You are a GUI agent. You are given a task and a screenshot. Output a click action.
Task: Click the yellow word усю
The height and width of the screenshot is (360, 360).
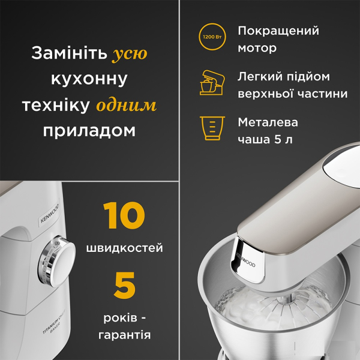[130, 54]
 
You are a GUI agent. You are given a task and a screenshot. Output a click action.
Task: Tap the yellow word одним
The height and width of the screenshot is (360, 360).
[127, 106]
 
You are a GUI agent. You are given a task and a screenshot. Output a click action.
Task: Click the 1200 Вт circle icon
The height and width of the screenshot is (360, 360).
[212, 37]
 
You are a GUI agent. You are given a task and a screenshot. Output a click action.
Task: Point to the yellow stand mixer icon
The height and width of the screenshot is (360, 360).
[212, 83]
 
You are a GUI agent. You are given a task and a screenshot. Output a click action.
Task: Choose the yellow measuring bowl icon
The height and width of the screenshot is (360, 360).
[212, 128]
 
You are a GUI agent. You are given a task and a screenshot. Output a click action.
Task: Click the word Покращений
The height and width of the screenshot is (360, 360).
[278, 31]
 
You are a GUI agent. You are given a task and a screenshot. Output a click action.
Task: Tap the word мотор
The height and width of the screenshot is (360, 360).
[257, 48]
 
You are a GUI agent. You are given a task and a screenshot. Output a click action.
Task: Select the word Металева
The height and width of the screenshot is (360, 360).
[268, 122]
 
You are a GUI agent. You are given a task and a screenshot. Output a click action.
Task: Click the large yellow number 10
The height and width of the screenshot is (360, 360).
[124, 215]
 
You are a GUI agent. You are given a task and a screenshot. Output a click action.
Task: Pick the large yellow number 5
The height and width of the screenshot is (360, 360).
[124, 286]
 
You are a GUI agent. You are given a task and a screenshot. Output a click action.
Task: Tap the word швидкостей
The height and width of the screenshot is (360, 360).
[125, 248]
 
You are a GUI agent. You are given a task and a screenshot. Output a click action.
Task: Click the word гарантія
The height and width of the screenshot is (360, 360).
[125, 335]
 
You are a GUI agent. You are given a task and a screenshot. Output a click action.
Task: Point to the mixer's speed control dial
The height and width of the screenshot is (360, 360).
[57, 261]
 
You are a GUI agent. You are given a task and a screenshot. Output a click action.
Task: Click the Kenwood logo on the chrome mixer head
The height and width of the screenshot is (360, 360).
[245, 260]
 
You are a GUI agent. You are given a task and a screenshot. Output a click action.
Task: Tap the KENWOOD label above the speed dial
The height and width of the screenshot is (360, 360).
[50, 214]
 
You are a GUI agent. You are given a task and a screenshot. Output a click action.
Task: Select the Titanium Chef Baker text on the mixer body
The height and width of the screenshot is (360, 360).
[54, 325]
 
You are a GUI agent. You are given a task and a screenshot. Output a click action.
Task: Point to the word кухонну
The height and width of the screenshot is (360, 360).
[89, 79]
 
